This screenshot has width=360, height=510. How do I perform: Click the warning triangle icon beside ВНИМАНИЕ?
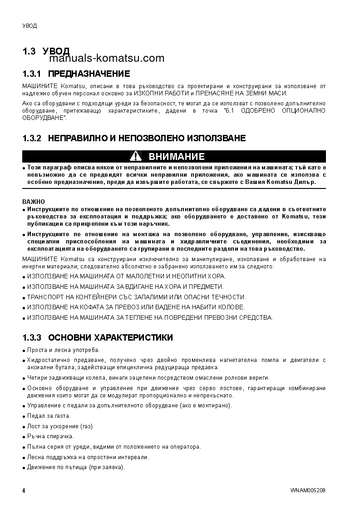[x=136, y=157]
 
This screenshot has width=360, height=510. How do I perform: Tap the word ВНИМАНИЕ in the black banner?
[x=177, y=157]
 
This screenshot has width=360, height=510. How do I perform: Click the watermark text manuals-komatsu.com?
[x=107, y=59]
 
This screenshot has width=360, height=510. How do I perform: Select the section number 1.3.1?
[x=32, y=74]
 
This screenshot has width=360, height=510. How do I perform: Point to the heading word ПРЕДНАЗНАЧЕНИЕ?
[x=89, y=74]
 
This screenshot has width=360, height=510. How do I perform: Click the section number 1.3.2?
[x=32, y=138]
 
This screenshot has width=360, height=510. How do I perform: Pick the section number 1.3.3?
[x=32, y=337]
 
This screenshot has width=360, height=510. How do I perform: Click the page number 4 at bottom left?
[x=24, y=491]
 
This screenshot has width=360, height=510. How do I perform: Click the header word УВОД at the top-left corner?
[x=30, y=26]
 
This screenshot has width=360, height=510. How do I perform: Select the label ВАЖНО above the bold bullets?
[x=31, y=201]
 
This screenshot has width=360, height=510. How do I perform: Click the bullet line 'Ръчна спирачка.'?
[x=50, y=436]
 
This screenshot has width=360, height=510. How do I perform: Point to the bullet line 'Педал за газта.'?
[x=49, y=416]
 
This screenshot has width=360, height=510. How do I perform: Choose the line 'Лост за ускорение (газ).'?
[x=60, y=426]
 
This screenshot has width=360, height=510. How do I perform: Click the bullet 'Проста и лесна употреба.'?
[x=63, y=350]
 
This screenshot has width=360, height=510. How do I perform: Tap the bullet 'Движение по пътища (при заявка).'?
[x=75, y=467]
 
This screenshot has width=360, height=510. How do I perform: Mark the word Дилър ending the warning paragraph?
[x=305, y=182]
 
